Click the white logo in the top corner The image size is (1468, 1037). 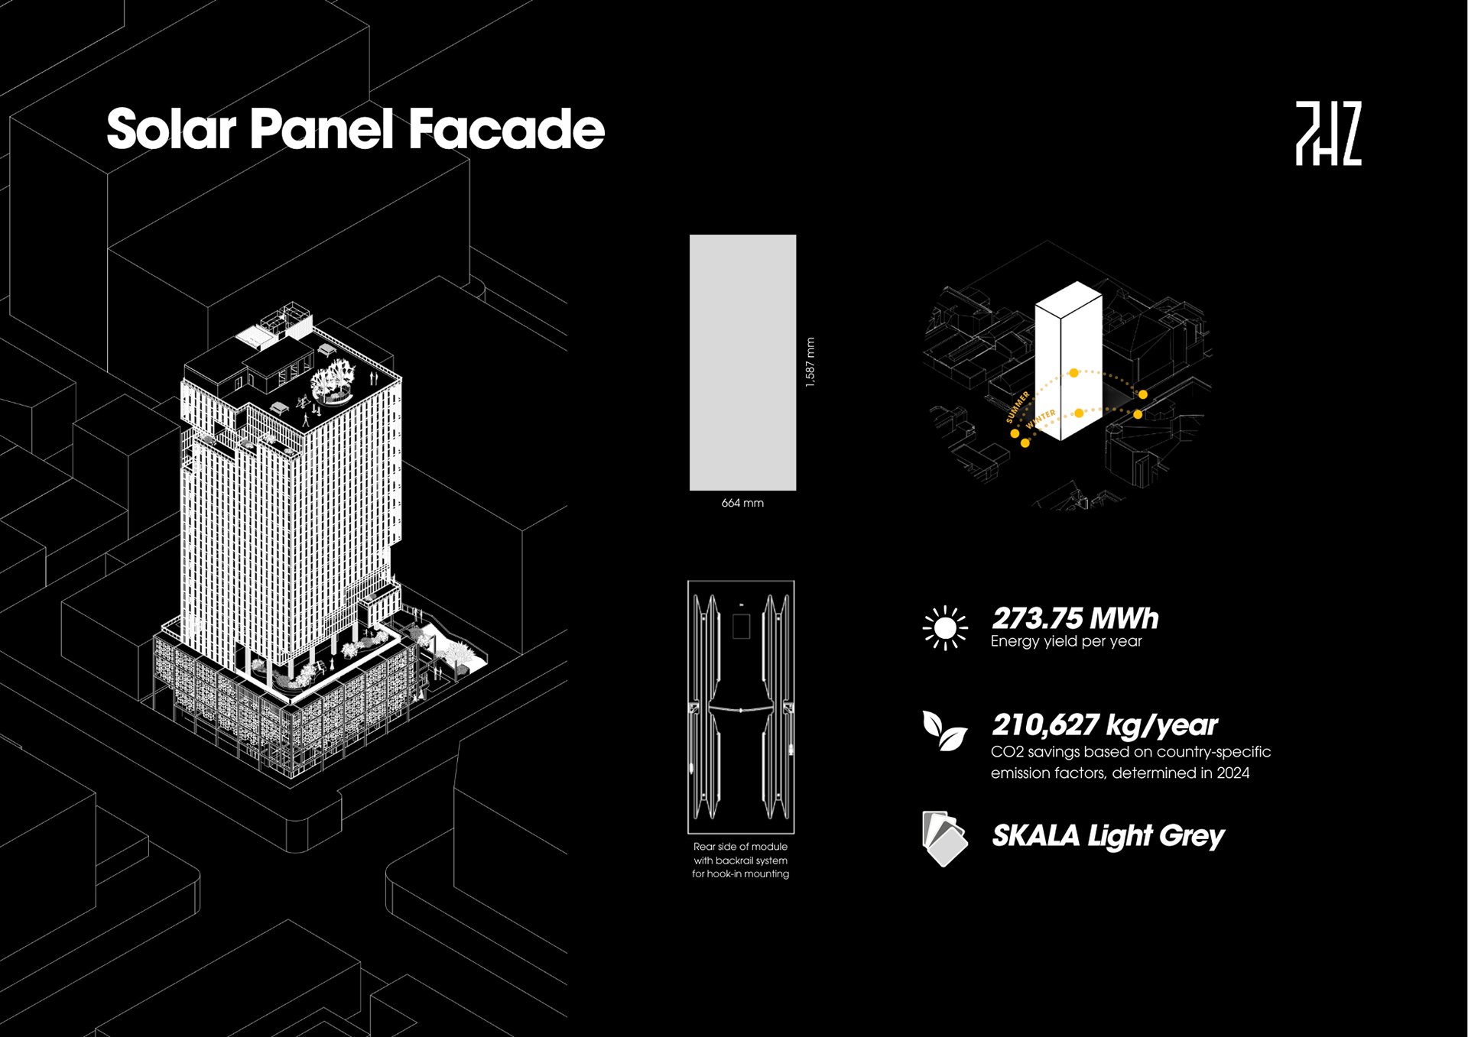(1328, 133)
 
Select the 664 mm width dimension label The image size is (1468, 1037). (742, 503)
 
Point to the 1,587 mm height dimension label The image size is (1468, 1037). (810, 362)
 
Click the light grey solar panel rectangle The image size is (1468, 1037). (742, 362)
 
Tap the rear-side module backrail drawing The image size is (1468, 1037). (741, 707)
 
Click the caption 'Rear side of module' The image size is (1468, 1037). (740, 847)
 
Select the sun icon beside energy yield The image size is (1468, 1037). (945, 628)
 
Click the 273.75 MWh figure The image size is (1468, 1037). (1074, 618)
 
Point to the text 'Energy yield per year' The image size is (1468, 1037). (1066, 642)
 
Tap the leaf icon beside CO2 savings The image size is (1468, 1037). (944, 731)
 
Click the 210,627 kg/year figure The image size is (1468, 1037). (1104, 725)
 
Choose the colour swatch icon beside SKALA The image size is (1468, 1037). (944, 838)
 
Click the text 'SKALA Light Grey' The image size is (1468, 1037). (1107, 836)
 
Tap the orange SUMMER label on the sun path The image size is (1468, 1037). (1018, 407)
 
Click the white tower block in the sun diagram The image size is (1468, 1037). (1068, 359)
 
